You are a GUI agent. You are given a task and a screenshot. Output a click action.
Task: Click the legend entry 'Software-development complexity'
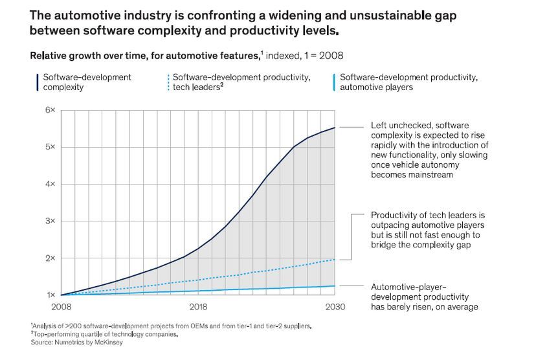pyautogui.click(x=87, y=82)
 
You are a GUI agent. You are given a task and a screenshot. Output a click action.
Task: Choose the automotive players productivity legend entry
pyautogui.click(x=408, y=82)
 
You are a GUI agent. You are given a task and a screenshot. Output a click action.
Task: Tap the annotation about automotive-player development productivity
pyautogui.click(x=425, y=296)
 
